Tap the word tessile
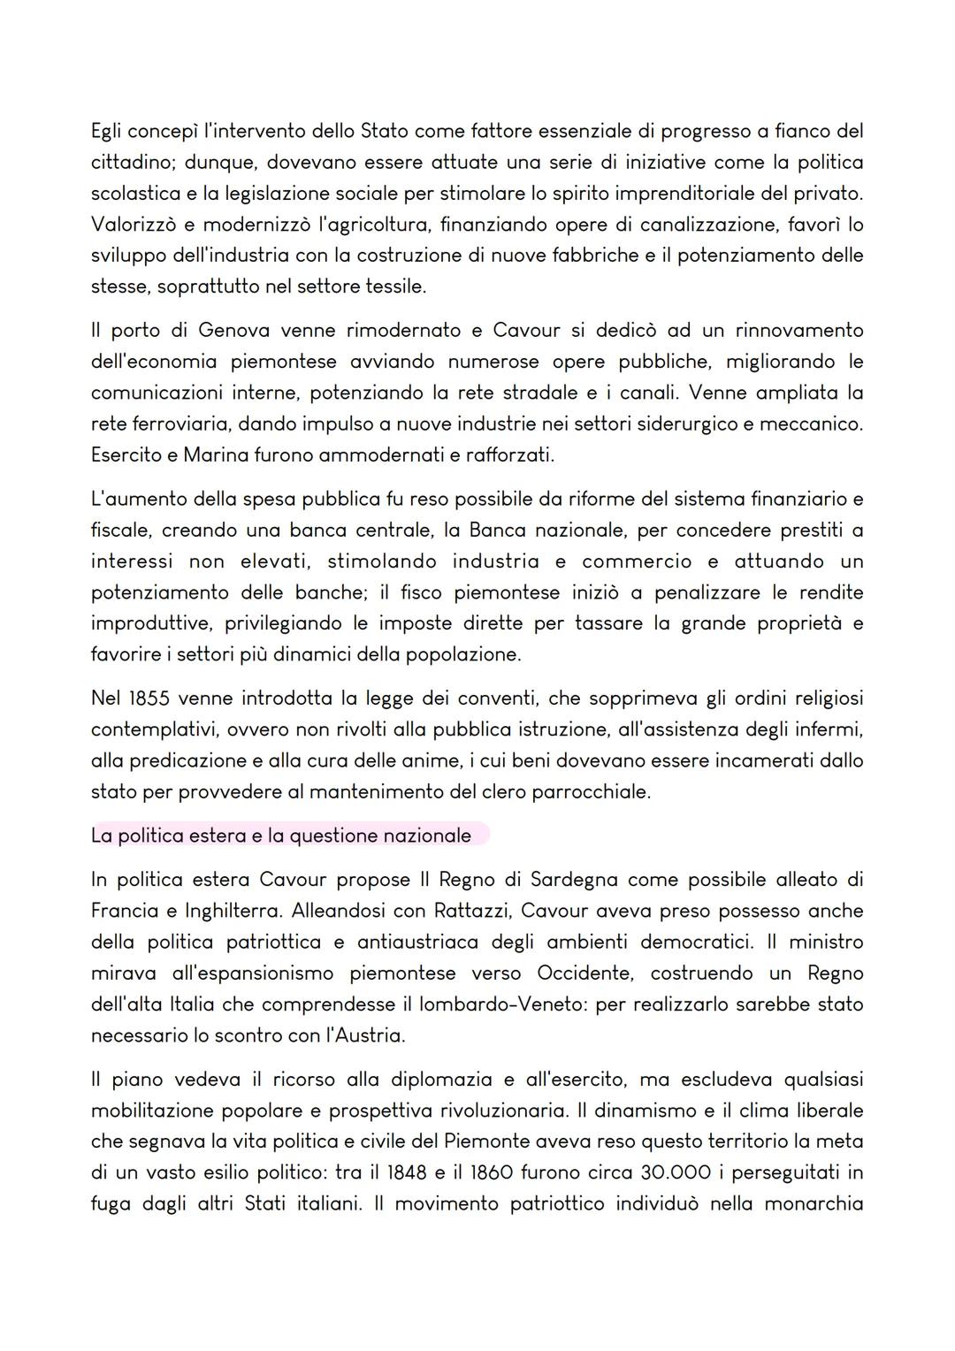click(393, 286)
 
